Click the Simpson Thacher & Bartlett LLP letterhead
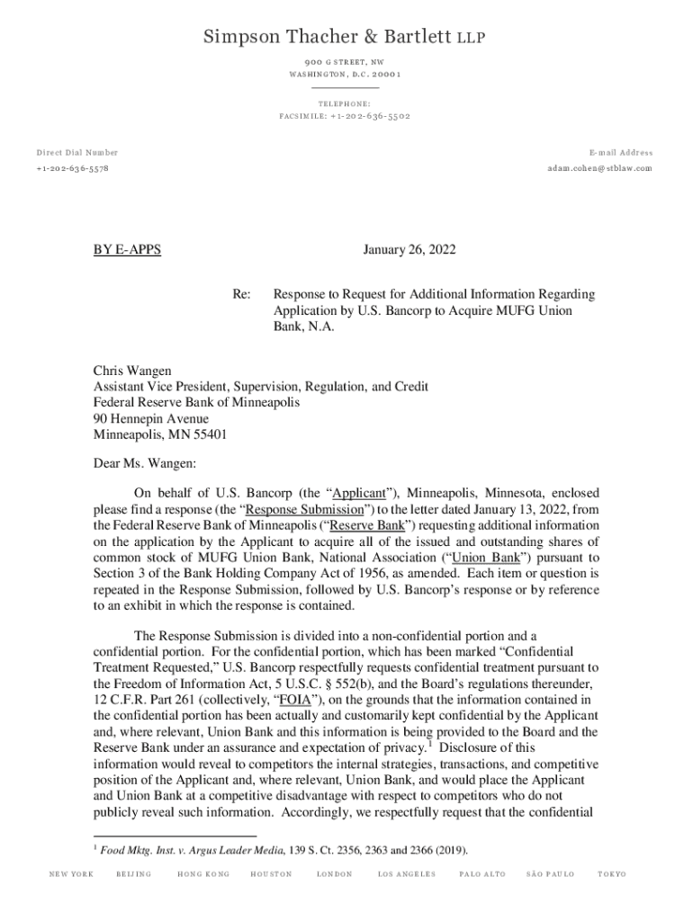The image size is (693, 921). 346,36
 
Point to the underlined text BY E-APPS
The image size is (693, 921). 127,250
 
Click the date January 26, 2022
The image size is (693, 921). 409,250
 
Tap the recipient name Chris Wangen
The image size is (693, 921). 133,371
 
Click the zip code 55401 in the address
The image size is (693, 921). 209,434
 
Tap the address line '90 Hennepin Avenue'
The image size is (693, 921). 151,418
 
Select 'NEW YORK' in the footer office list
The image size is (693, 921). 71,874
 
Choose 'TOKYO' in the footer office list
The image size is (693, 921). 612,874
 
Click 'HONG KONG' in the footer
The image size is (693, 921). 203,874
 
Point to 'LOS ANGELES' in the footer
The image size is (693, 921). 407,874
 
